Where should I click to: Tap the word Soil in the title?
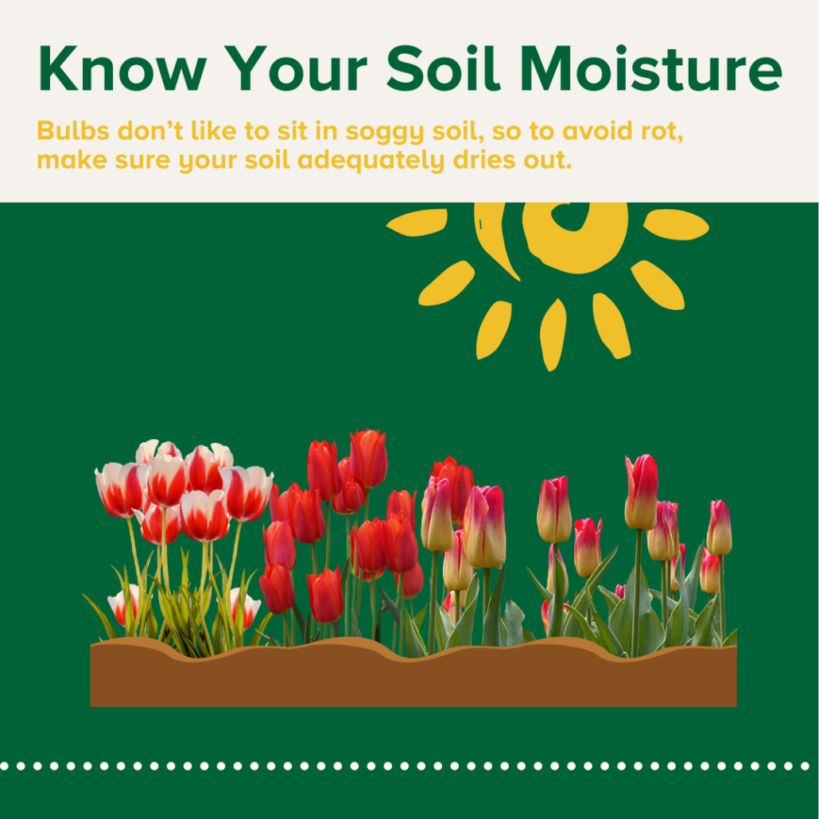[443, 68]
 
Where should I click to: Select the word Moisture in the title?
[650, 68]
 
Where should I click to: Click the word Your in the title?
[296, 68]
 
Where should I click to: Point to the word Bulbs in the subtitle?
[73, 130]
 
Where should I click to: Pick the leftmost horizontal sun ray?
[417, 223]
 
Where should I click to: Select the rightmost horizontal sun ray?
[676, 224]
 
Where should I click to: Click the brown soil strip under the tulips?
[413, 679]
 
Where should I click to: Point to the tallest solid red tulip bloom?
[369, 458]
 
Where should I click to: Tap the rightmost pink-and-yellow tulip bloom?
[720, 527]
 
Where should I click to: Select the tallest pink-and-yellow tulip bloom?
[641, 491]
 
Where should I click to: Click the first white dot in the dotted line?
[4, 767]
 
